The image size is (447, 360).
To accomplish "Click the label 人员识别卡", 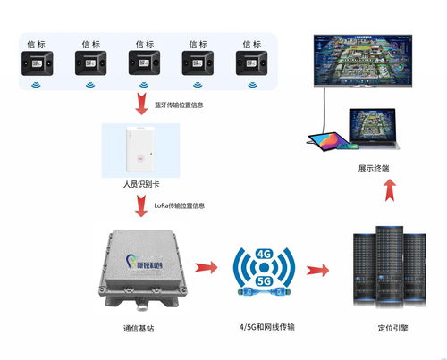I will point(141,184).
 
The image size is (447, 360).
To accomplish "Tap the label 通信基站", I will point(139,329).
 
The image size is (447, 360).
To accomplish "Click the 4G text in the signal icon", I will point(264,255).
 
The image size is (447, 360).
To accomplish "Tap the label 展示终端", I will point(374,168).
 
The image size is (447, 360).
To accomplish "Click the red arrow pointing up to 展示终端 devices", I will point(388,190).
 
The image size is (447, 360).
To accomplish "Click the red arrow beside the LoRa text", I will point(140,207).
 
